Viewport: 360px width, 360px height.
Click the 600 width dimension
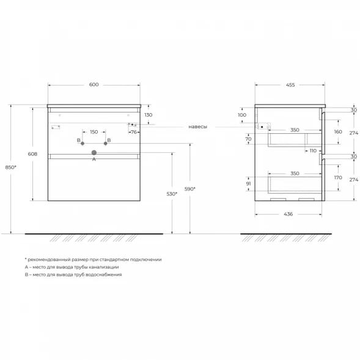94,84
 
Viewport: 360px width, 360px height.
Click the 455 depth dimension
290,85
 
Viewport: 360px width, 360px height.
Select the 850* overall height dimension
11,167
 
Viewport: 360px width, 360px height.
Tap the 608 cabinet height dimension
32,154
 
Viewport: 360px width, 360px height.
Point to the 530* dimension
172,194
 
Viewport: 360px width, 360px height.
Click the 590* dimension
190,189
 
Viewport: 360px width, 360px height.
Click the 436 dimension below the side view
288,214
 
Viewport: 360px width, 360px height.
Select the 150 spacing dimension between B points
94,132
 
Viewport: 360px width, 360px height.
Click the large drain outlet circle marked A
94,152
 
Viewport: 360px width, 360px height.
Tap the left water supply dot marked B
83,144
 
